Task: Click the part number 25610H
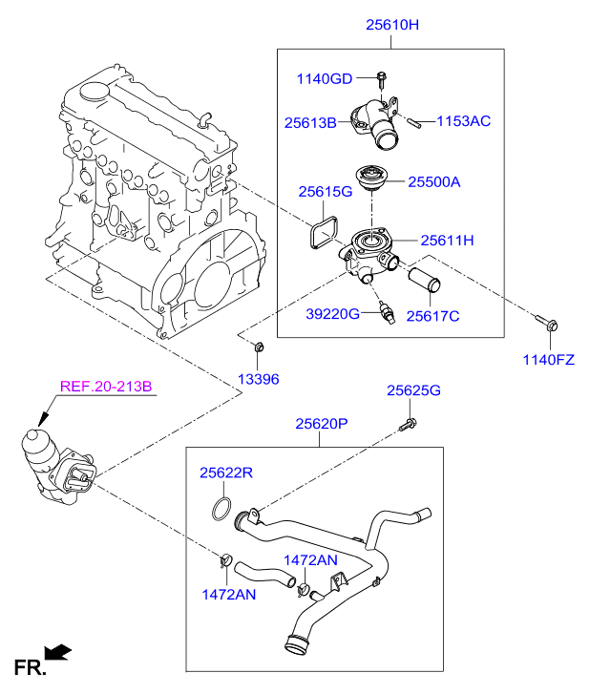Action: pyautogui.click(x=391, y=25)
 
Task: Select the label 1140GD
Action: pyautogui.click(x=325, y=79)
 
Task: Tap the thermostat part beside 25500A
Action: pyautogui.click(x=371, y=178)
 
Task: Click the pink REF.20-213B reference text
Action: pyautogui.click(x=106, y=387)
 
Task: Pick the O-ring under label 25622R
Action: pyautogui.click(x=221, y=509)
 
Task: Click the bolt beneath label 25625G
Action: pyautogui.click(x=408, y=425)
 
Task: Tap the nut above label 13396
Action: pyautogui.click(x=259, y=347)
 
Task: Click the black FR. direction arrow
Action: pyautogui.click(x=57, y=652)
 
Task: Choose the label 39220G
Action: pyautogui.click(x=333, y=314)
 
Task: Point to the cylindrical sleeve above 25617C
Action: pyautogui.click(x=424, y=280)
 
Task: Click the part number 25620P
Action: pyautogui.click(x=322, y=424)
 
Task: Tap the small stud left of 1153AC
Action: pyautogui.click(x=414, y=122)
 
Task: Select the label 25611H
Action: pyautogui.click(x=447, y=241)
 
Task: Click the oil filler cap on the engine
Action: pyautogui.click(x=95, y=92)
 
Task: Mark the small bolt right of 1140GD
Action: pyautogui.click(x=381, y=79)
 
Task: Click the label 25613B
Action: pyautogui.click(x=310, y=122)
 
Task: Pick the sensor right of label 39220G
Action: pyautogui.click(x=386, y=313)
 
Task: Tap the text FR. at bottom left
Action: pyautogui.click(x=30, y=668)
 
